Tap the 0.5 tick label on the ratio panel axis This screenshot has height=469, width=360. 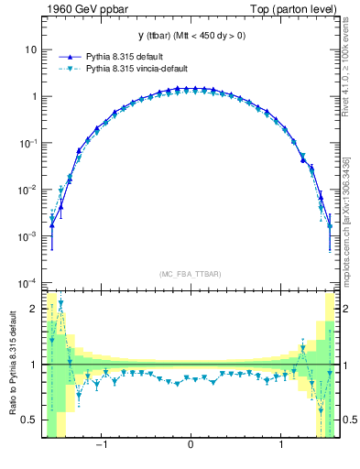[x=30, y=420]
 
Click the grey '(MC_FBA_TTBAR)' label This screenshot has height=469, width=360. [x=190, y=274]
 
